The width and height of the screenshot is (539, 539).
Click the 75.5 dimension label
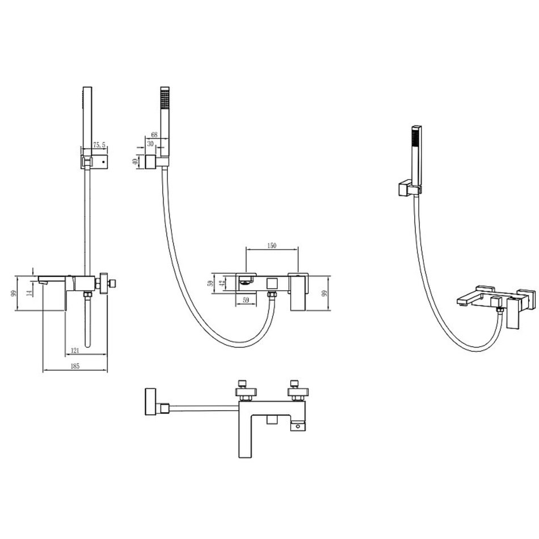[x=99, y=145]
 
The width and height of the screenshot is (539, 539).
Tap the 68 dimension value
[x=154, y=135]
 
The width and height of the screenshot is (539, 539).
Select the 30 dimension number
[x=150, y=144]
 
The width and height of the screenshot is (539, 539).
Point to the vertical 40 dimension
[x=135, y=161]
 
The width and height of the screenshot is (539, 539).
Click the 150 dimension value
[x=272, y=246]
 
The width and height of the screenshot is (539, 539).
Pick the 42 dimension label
[x=222, y=284]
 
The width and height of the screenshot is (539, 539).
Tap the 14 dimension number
[x=30, y=293]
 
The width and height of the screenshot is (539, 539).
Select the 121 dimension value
[x=75, y=351]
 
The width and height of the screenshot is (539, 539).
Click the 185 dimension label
[x=75, y=366]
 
